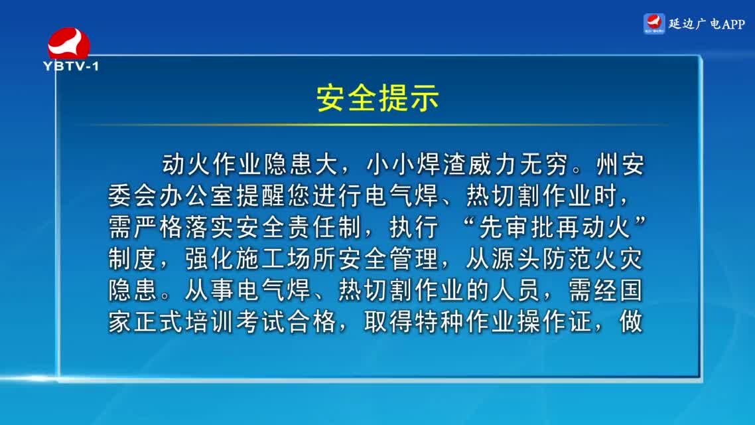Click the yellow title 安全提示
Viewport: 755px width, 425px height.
377,98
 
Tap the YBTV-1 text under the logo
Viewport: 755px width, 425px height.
71,66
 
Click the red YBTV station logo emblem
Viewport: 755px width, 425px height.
69,43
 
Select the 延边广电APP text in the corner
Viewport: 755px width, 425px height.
707,24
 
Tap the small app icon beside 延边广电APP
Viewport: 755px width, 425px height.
654,24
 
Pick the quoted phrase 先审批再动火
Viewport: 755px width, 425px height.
554,227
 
